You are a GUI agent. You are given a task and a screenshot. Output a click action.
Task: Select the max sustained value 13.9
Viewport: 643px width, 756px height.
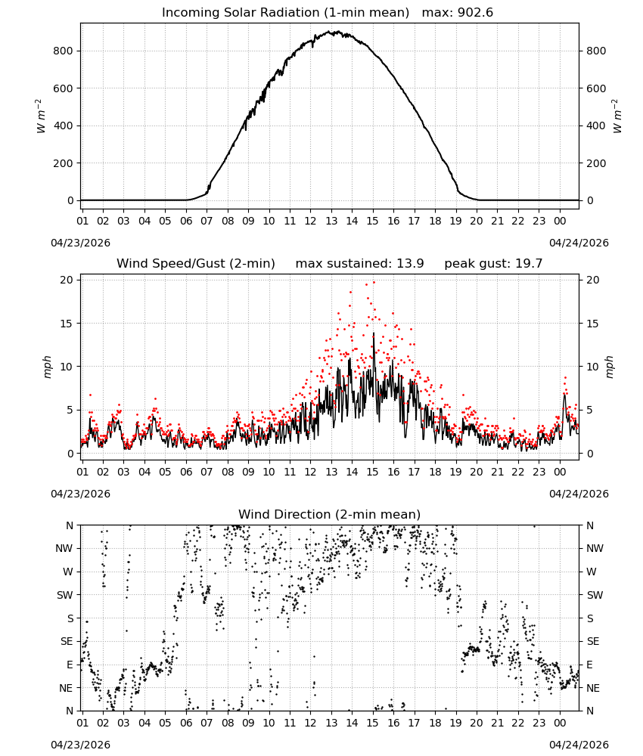tap(410, 264)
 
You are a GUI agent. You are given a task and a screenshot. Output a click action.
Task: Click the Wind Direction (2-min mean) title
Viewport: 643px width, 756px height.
tap(330, 514)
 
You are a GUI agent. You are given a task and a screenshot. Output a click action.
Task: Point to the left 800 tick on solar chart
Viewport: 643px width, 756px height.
tap(63, 51)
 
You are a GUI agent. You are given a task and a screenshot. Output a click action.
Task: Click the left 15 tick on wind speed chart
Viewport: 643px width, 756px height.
tap(67, 324)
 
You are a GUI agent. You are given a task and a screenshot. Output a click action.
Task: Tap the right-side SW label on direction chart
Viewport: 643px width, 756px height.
tap(595, 595)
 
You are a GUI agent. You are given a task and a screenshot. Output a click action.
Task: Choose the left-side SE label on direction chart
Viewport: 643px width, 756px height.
tap(67, 641)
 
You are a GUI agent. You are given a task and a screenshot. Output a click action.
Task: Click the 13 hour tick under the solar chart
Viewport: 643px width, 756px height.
tap(331, 221)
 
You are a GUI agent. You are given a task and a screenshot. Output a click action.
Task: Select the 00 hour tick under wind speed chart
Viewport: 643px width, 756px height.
tap(560, 472)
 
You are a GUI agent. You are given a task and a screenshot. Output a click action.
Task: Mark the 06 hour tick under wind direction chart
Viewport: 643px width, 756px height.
tap(186, 723)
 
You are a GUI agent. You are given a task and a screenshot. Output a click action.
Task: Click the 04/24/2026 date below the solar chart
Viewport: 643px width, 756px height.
tap(579, 243)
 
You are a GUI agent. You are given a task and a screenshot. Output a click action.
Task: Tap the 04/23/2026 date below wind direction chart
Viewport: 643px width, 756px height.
tap(80, 745)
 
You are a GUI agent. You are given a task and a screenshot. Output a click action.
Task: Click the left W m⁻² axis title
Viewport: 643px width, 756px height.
tap(41, 116)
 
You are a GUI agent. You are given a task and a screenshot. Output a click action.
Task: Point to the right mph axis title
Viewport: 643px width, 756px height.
tap(610, 367)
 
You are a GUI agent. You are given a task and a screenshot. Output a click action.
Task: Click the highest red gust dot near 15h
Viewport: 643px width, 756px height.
tap(374, 283)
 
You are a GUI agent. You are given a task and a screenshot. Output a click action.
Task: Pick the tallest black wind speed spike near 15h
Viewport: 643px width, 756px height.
tap(374, 333)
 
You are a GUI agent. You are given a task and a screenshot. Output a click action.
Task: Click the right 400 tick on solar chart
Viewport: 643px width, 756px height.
tap(596, 125)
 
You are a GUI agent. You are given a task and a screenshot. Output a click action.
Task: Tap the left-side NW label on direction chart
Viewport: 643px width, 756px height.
tap(64, 548)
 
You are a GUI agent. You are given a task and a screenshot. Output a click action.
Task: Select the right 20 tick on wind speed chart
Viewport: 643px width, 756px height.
tap(593, 280)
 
